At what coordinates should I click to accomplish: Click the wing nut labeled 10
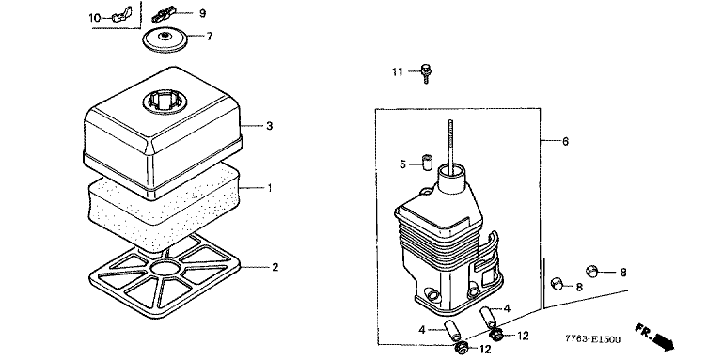click(x=119, y=18)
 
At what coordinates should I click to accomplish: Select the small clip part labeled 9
click(x=163, y=14)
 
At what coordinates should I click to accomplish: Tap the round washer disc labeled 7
click(x=165, y=39)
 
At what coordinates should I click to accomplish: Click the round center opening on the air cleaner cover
click(x=165, y=103)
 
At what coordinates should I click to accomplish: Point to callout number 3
click(x=269, y=126)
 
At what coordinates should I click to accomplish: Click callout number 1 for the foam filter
click(x=270, y=188)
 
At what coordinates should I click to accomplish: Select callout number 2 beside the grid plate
click(x=275, y=267)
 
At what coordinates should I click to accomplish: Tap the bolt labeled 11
click(x=425, y=74)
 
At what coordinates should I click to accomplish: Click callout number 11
click(x=397, y=72)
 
